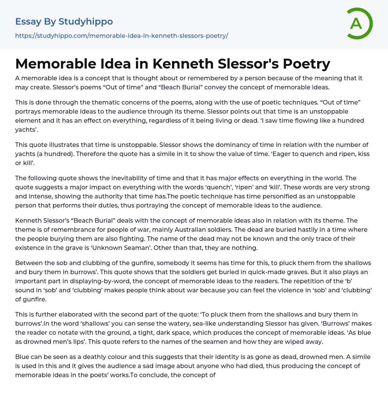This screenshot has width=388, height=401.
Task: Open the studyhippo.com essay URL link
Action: coord(121,36)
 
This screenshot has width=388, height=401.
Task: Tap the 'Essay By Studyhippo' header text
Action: coord(64,22)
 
